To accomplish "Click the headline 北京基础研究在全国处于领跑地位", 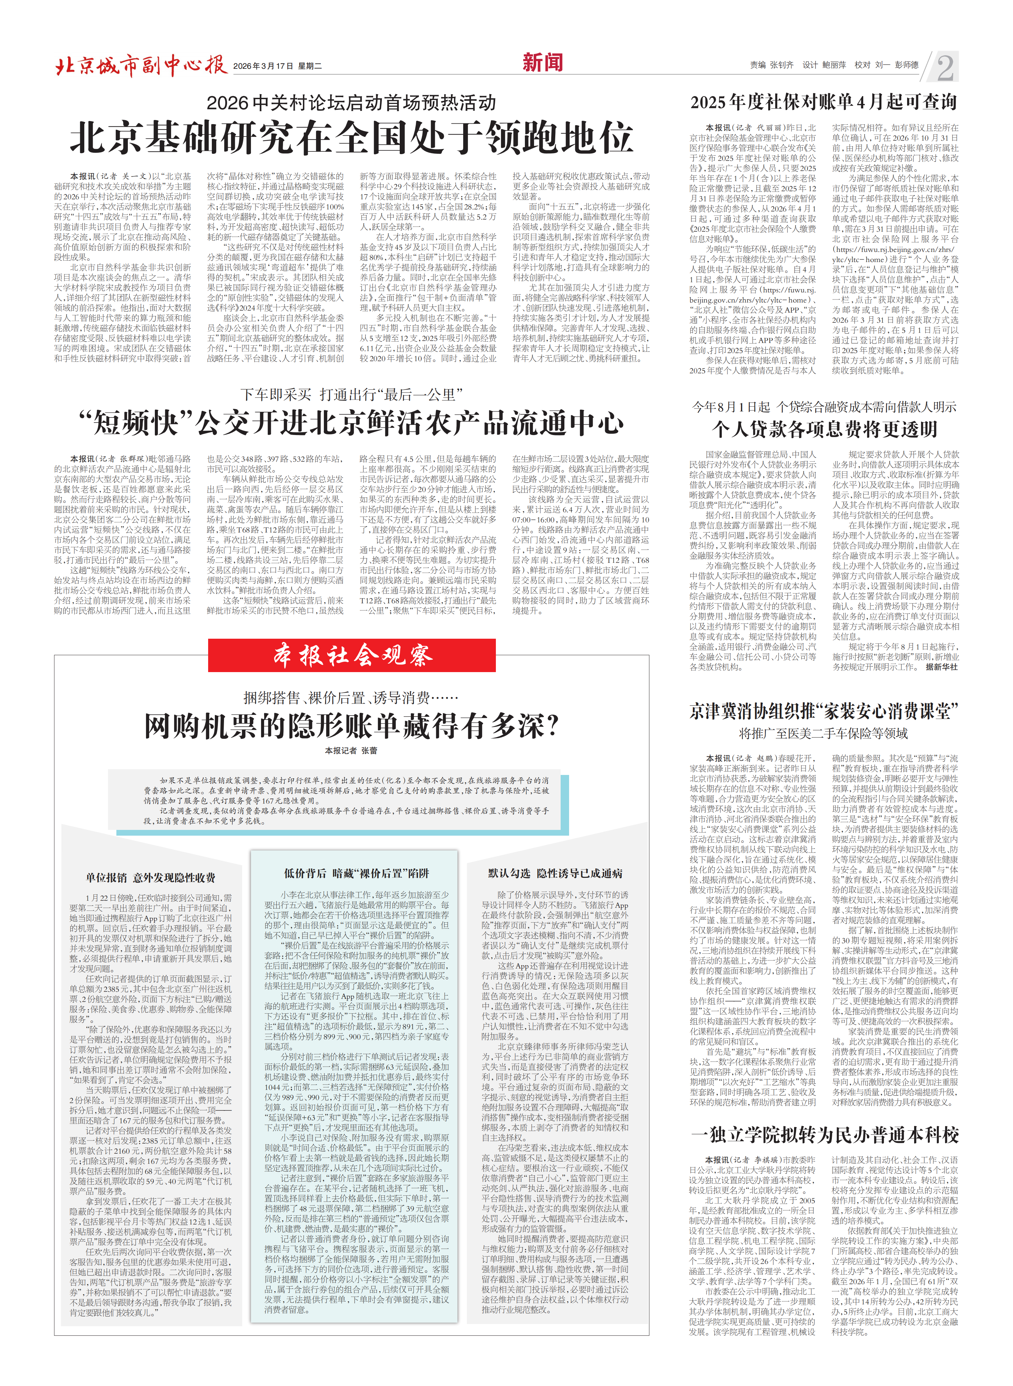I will click(x=351, y=137).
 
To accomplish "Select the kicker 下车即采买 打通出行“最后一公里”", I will click(x=351, y=394).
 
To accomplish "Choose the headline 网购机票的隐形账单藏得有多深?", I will click(x=351, y=726).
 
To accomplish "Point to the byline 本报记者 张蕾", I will click(x=351, y=750).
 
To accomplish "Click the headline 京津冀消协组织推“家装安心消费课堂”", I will click(x=823, y=711).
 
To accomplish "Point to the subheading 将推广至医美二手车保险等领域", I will click(x=823, y=733).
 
